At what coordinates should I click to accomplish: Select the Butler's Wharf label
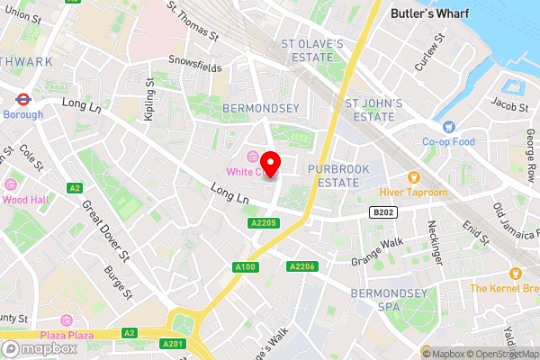click(427, 13)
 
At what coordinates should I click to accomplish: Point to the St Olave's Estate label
click(312, 50)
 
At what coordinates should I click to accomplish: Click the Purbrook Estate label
click(332, 175)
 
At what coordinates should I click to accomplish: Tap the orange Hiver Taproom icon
click(414, 177)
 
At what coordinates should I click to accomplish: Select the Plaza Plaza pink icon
click(66, 320)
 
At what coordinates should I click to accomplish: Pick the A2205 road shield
click(264, 222)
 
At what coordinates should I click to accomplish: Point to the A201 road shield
click(173, 343)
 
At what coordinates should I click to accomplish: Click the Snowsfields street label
click(197, 62)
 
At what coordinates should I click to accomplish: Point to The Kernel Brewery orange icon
click(514, 273)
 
